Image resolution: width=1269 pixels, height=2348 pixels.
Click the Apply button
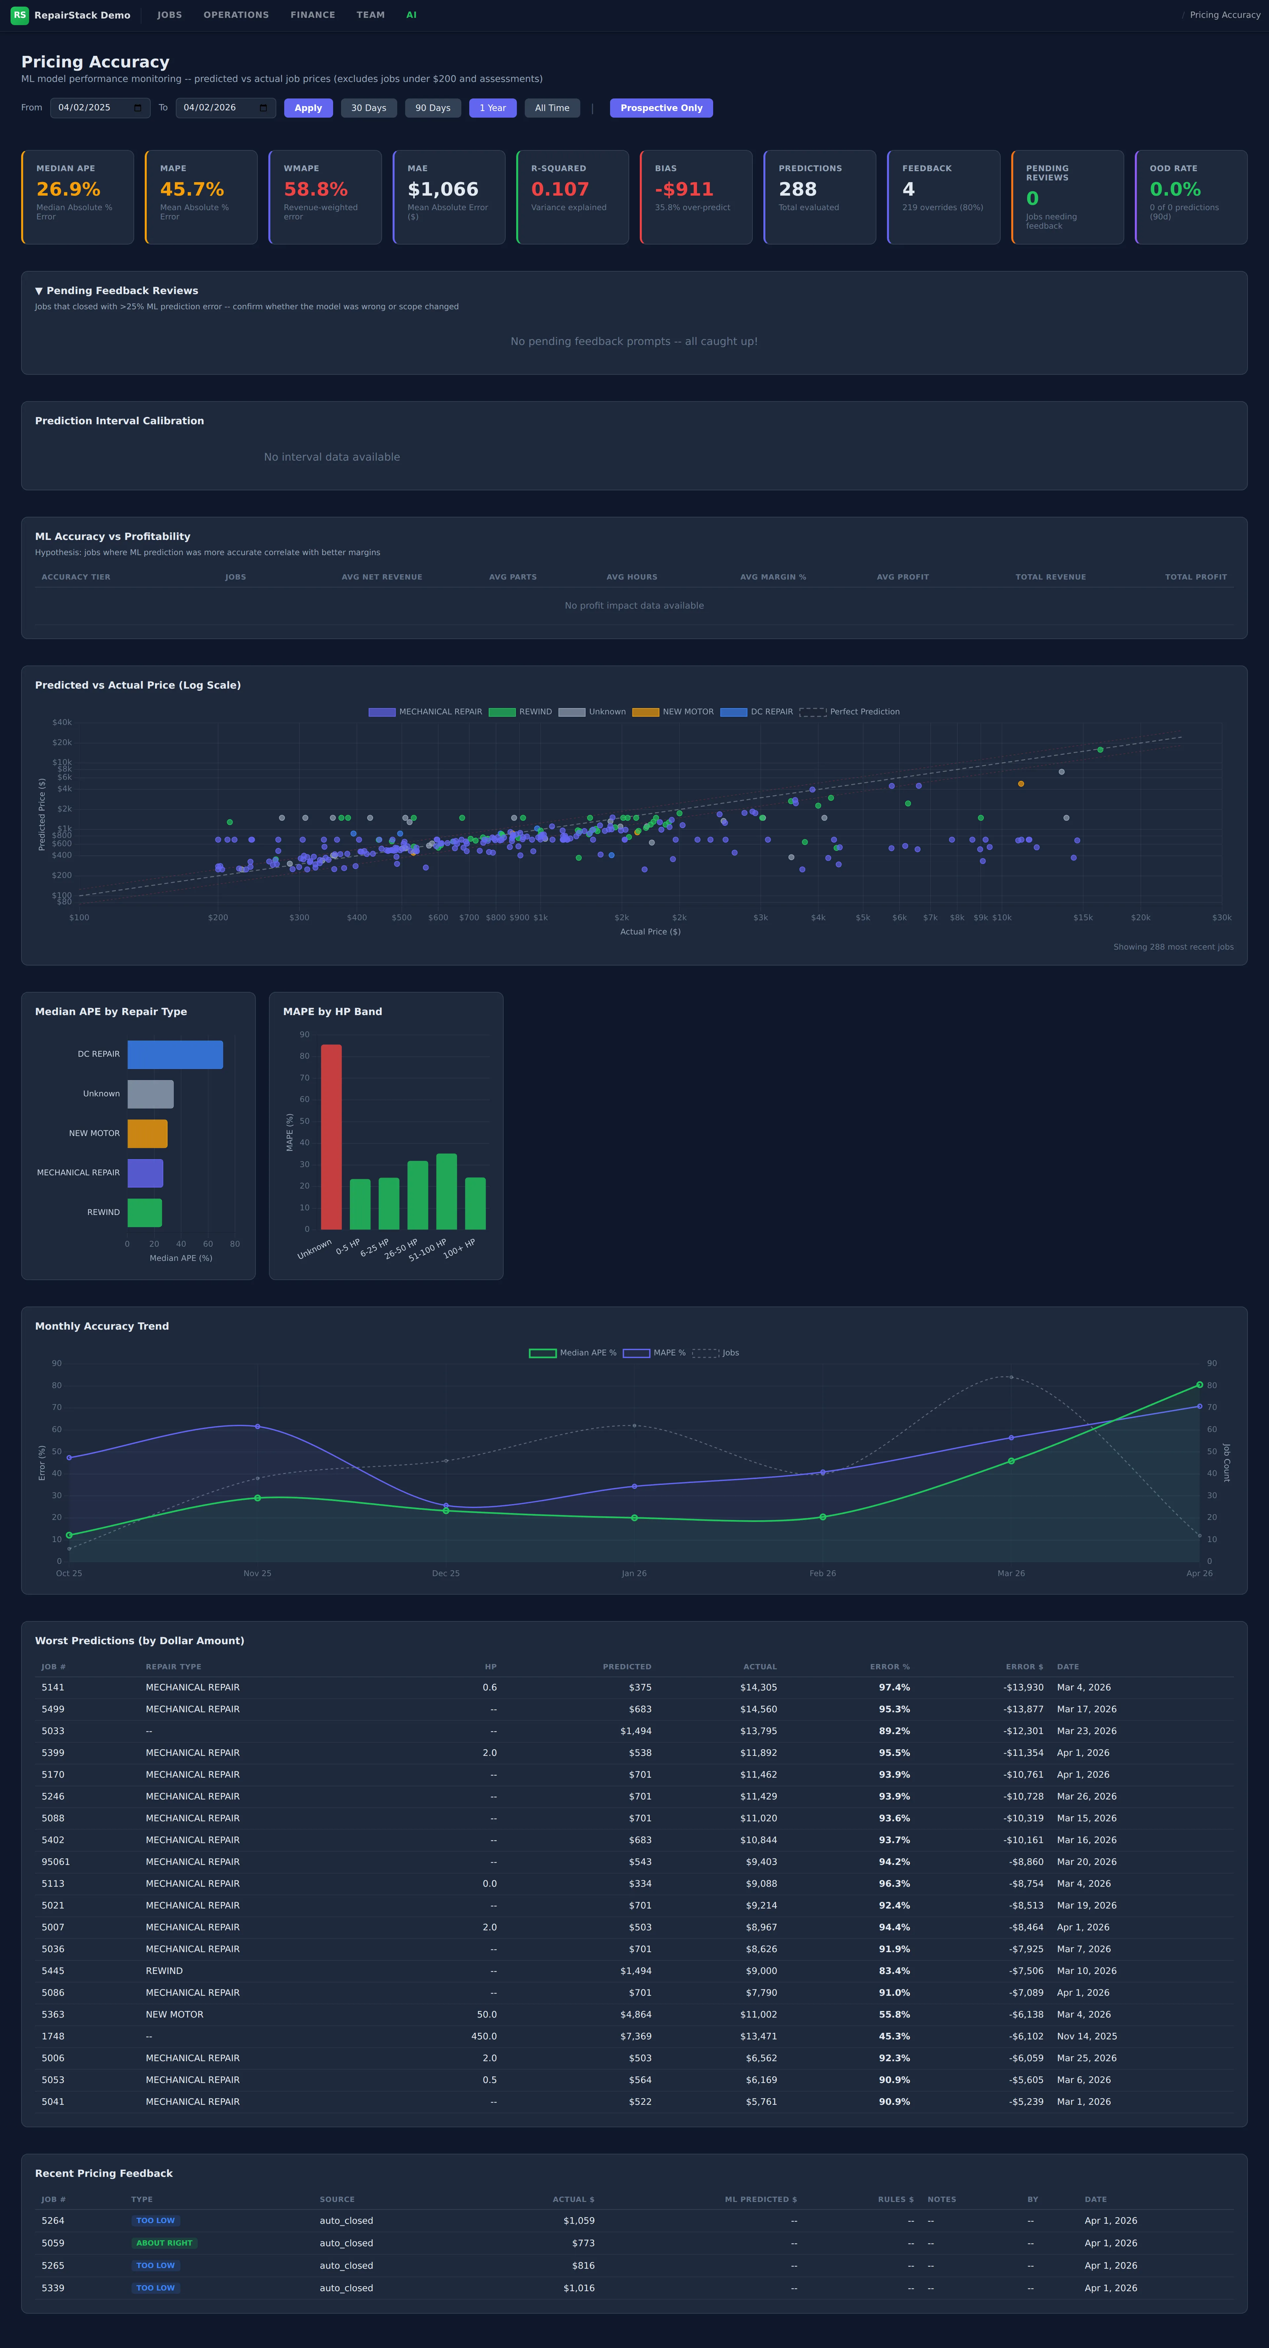[x=308, y=108]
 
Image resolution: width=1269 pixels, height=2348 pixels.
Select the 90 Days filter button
[x=433, y=108]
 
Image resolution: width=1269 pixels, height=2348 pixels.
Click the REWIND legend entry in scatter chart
[x=520, y=712]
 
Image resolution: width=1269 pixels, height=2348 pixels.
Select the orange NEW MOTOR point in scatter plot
[x=1021, y=784]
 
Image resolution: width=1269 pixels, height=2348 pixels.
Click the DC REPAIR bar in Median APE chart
[x=175, y=1055]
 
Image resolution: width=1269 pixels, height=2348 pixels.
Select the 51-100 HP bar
[x=447, y=1191]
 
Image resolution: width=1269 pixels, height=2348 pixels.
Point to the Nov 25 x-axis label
[x=257, y=1573]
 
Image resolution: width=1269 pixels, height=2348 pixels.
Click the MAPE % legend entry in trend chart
[x=655, y=1353]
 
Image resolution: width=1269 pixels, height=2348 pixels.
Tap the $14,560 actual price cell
[x=758, y=1709]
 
